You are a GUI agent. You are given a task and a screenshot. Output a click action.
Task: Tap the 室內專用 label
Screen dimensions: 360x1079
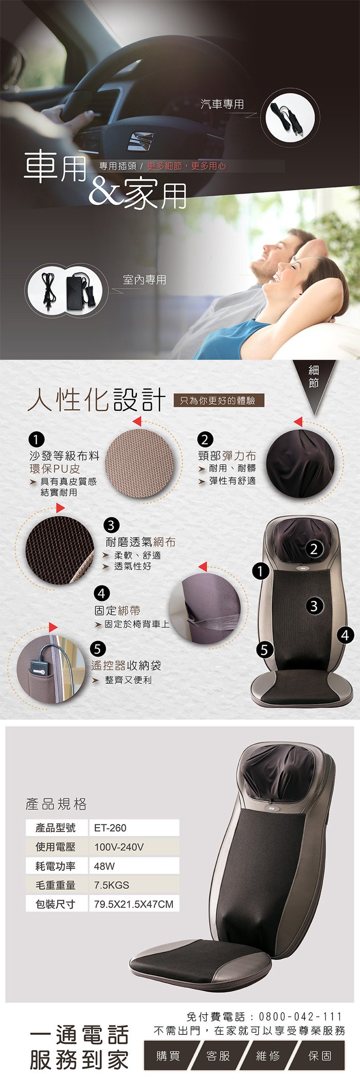[145, 280]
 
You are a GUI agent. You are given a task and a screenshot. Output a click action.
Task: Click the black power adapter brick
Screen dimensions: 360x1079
[78, 291]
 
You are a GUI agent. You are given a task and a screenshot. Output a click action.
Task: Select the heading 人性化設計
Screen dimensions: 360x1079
[97, 399]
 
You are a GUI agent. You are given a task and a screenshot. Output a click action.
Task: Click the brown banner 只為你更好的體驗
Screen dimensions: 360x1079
[219, 400]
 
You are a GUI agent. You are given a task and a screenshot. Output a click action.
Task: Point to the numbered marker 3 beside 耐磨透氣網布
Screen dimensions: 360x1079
[112, 525]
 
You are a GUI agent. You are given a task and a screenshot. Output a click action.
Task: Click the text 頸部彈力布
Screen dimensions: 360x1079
[227, 455]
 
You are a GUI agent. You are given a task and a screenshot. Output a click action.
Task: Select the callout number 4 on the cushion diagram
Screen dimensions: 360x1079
[345, 635]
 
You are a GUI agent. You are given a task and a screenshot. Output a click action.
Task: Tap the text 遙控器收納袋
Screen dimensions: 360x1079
[126, 665]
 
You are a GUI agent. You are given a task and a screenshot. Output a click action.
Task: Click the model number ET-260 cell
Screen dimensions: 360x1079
[134, 828]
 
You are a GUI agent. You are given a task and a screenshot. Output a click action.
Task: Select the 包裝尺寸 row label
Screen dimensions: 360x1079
[56, 904]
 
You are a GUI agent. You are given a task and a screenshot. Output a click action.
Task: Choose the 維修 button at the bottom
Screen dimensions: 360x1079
[268, 1056]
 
